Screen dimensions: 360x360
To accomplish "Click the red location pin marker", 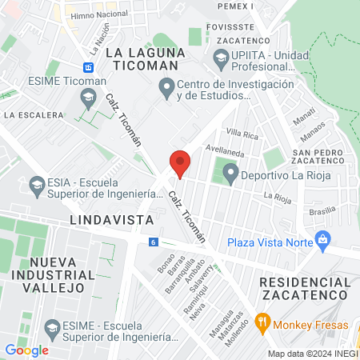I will [x=180, y=163].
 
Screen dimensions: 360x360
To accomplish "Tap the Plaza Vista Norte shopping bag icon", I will [x=322, y=238].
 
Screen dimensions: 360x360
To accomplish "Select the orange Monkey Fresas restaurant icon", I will [x=262, y=324].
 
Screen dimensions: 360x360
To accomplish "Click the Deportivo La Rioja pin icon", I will [x=231, y=172].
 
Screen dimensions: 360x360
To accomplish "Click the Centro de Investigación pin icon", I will [x=166, y=86].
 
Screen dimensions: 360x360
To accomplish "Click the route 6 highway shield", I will [x=153, y=242].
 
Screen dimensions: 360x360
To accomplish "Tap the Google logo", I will [x=27, y=350].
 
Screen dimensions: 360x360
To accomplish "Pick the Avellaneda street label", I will [x=224, y=148].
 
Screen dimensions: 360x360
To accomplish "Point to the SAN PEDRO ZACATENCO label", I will [x=318, y=157].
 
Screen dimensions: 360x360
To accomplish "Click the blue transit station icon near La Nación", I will [x=88, y=67].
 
